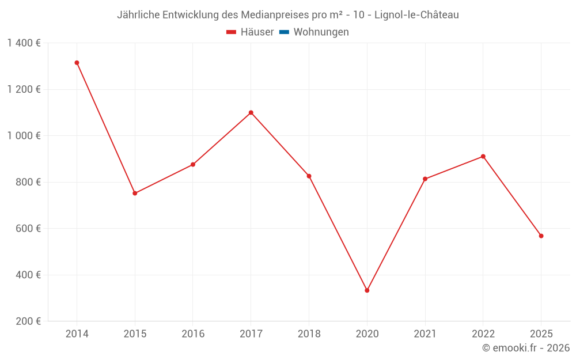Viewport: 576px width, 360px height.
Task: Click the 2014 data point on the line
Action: point(77,63)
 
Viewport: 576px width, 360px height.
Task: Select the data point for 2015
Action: point(135,193)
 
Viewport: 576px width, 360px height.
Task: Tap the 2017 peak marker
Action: point(251,112)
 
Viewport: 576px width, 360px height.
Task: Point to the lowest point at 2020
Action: point(367,290)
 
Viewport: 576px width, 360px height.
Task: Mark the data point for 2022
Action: point(483,156)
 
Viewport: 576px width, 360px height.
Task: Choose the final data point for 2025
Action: point(541,236)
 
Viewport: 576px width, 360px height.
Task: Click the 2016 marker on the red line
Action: point(193,165)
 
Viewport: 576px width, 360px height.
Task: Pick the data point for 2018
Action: point(309,176)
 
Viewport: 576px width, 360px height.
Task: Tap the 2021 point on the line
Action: point(425,179)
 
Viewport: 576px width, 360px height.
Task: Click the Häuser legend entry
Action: point(250,32)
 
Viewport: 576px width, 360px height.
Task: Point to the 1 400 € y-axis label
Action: point(24,43)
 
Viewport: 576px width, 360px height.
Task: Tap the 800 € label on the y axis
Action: point(28,182)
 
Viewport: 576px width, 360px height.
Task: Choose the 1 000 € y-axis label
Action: point(24,136)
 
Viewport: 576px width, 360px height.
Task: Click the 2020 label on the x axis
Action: point(367,334)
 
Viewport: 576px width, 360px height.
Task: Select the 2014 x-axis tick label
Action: point(77,334)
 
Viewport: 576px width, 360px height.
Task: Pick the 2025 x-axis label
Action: point(541,334)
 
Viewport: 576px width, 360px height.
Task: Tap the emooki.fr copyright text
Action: point(526,348)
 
